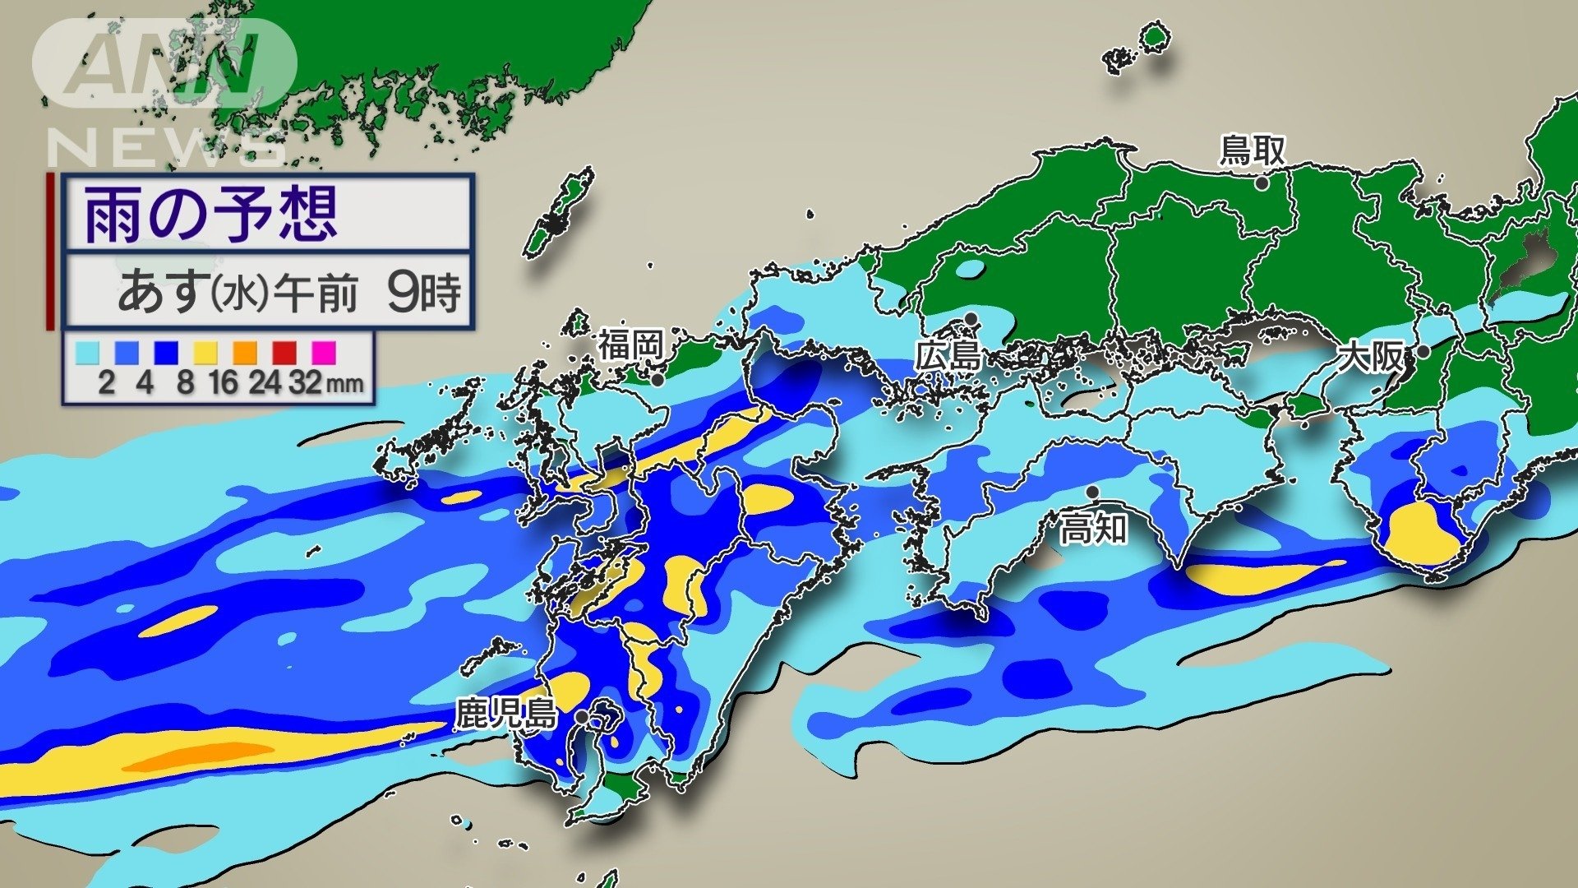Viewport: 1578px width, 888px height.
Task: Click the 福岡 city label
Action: click(x=630, y=345)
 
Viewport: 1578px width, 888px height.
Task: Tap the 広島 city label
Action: click(x=949, y=357)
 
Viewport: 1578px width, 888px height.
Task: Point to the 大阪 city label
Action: click(x=1371, y=357)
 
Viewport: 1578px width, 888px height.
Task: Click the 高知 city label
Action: click(x=1092, y=529)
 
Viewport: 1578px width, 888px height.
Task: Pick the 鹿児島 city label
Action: click(x=506, y=713)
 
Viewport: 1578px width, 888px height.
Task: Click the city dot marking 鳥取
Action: click(x=1261, y=184)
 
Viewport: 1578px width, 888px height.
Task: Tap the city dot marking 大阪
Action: click(x=1423, y=352)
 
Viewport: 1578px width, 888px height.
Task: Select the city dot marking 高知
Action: click(x=1093, y=492)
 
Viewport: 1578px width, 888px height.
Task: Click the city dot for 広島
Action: click(x=971, y=318)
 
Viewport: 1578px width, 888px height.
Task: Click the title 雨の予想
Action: click(x=210, y=214)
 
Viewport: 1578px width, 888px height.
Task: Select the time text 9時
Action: click(x=424, y=292)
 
